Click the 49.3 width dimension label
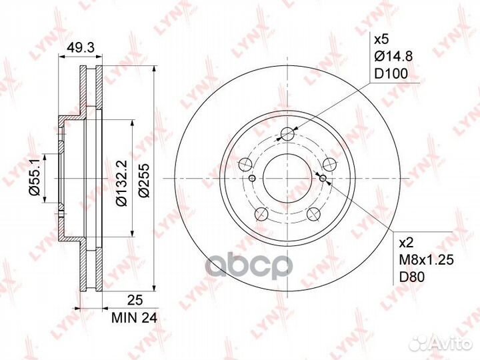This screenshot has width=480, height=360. click(x=81, y=48)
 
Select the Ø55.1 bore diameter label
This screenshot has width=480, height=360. click(x=34, y=178)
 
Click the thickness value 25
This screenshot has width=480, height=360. click(x=135, y=300)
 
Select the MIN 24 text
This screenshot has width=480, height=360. click(x=134, y=318)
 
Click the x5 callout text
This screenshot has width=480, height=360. click(x=381, y=39)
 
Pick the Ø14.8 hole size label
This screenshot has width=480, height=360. click(x=393, y=56)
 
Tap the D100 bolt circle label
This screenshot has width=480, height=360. click(x=391, y=73)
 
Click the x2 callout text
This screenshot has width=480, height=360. click(x=407, y=243)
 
